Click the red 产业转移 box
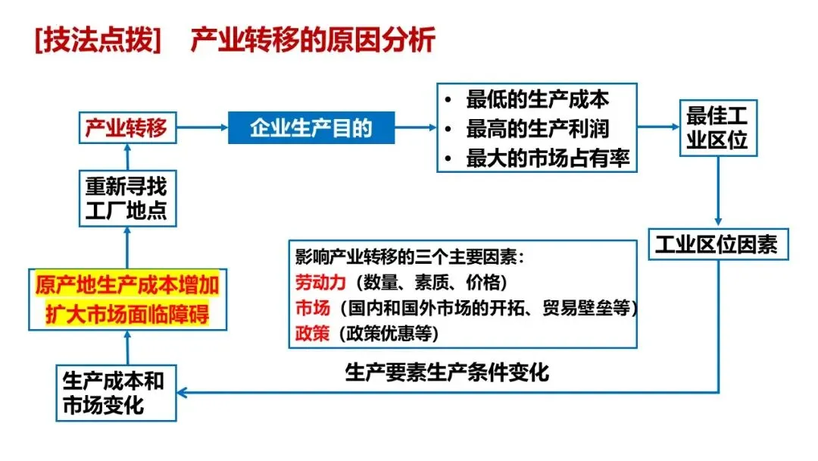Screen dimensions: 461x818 pyautogui.click(x=126, y=127)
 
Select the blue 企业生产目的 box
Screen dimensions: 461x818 pyautogui.click(x=311, y=127)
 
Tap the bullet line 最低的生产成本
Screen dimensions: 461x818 pyautogui.click(x=538, y=99)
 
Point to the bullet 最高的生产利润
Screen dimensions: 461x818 pyautogui.click(x=538, y=129)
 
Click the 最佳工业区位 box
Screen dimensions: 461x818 pyautogui.click(x=717, y=127)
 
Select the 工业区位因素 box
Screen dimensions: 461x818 pyautogui.click(x=717, y=244)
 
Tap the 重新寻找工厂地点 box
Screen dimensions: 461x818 pyautogui.click(x=126, y=198)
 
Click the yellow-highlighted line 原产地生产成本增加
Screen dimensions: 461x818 pyautogui.click(x=127, y=286)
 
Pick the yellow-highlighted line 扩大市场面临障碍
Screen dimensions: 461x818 pyautogui.click(x=127, y=314)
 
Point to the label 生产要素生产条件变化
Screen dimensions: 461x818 pyautogui.click(x=448, y=372)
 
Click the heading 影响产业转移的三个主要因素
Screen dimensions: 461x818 pyautogui.click(x=410, y=257)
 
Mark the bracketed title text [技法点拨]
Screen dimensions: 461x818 pyautogui.click(x=98, y=39)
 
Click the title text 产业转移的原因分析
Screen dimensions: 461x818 pyautogui.click(x=312, y=39)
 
